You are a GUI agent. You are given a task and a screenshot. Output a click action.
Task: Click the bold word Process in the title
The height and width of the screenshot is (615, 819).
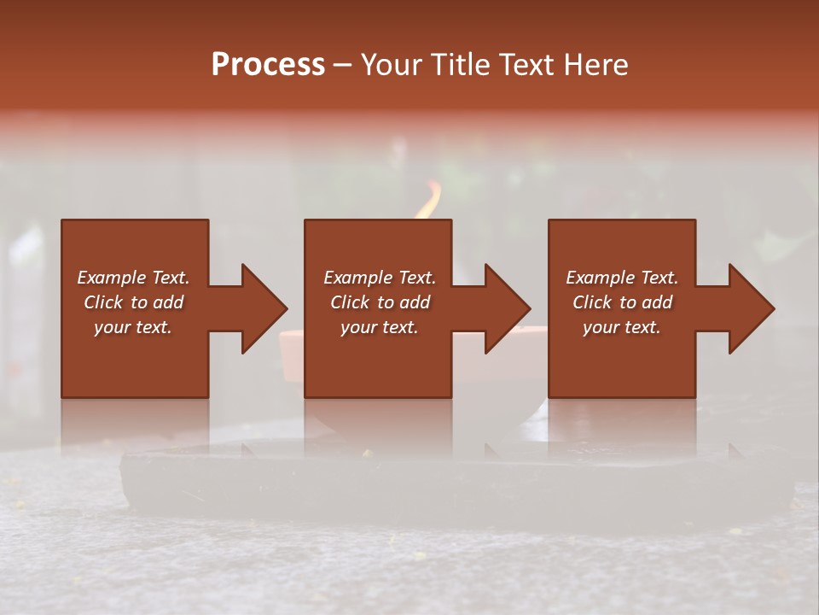coord(268,65)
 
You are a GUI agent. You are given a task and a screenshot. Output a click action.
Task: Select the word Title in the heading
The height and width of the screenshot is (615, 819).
coord(460,65)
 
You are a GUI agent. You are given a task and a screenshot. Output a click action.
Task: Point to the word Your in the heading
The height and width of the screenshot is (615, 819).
coord(392,65)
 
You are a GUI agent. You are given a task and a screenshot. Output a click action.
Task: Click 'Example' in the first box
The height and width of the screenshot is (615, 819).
coord(111,278)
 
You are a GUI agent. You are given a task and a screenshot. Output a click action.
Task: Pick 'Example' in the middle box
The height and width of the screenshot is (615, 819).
coord(357,278)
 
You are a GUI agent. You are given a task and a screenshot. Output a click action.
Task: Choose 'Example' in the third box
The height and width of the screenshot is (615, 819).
coord(600,278)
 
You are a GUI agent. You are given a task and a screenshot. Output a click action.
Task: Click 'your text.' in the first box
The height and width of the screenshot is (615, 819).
coord(133,327)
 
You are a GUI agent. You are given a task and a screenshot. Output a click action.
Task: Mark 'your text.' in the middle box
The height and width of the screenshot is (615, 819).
coord(380,327)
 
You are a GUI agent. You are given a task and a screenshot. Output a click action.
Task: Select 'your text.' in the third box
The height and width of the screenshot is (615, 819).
coord(622,327)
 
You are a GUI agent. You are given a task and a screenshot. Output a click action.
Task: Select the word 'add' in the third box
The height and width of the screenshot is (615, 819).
coord(658,302)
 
